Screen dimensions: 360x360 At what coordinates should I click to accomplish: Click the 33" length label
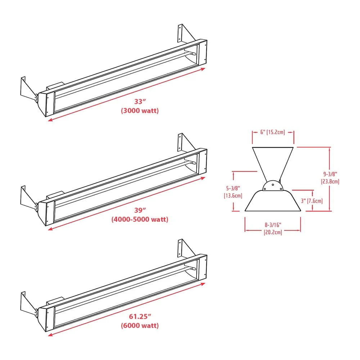pyautogui.click(x=139, y=102)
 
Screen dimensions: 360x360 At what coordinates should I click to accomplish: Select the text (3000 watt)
pyautogui.click(x=139, y=111)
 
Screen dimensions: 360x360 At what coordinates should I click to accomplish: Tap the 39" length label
pyautogui.click(x=139, y=210)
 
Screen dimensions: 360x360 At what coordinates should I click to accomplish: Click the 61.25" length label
pyautogui.click(x=139, y=317)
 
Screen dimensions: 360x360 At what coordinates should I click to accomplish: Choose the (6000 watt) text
pyautogui.click(x=139, y=326)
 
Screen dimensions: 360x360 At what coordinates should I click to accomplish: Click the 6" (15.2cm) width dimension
pyautogui.click(x=273, y=132)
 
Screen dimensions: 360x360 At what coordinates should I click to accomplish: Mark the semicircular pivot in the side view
pyautogui.click(x=273, y=186)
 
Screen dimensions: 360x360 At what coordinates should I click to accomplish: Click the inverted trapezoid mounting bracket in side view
pyautogui.click(x=273, y=160)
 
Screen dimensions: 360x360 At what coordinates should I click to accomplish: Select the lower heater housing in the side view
pyautogui.click(x=273, y=202)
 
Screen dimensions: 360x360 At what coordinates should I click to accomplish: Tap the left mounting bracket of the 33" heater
pyautogui.click(x=27, y=90)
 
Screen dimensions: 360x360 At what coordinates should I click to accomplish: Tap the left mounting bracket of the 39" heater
pyautogui.click(x=27, y=198)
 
